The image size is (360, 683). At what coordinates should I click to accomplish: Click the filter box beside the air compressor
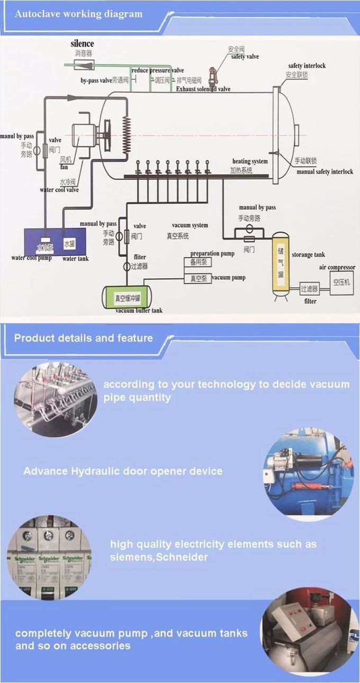309,289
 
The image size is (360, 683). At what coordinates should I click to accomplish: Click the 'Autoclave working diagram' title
78,14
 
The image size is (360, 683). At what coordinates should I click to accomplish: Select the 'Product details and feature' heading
84,338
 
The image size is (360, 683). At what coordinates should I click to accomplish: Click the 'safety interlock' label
307,66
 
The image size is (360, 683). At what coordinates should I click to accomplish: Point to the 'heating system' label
250,161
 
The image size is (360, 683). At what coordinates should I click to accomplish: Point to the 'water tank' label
75,259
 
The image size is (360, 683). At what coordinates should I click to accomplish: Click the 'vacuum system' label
190,225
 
